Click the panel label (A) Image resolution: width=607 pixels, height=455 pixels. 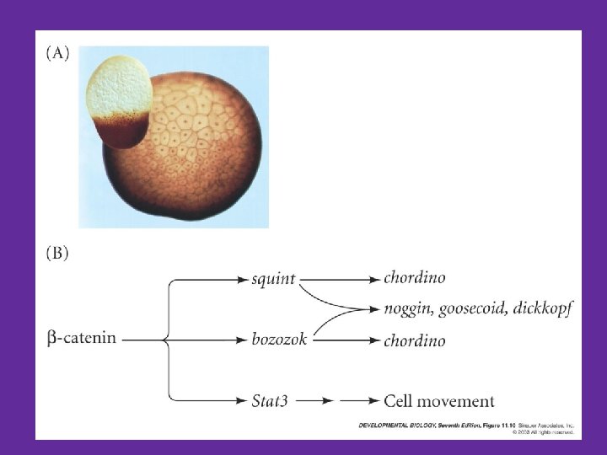57,54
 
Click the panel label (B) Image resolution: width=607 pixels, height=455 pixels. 57,253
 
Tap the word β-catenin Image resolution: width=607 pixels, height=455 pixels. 83,339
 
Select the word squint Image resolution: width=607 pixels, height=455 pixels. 273,277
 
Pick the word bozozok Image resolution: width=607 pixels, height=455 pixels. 278,340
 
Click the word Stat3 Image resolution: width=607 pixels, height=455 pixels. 270,401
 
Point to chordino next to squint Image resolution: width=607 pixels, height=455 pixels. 414,277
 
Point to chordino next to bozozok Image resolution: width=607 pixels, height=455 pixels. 414,340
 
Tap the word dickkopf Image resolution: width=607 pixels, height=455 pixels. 545,309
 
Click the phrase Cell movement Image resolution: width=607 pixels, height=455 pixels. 438,401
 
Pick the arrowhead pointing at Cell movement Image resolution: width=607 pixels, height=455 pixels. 371,401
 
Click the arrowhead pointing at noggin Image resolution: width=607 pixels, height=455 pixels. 373,309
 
